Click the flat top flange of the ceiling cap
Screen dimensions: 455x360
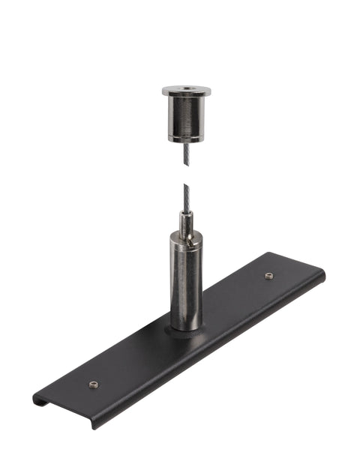pyautogui.click(x=187, y=91)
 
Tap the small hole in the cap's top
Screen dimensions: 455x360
pyautogui.click(x=187, y=90)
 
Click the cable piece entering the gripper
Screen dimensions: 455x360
pyautogui.click(x=185, y=201)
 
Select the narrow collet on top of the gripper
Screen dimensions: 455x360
pyautogui.click(x=186, y=222)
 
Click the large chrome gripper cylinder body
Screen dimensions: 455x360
pyautogui.click(x=185, y=285)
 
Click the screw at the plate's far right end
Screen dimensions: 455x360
pyautogui.click(x=268, y=277)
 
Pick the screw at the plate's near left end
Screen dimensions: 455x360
pyautogui.click(x=94, y=385)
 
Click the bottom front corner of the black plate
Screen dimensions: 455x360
pyautogui.click(x=94, y=425)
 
